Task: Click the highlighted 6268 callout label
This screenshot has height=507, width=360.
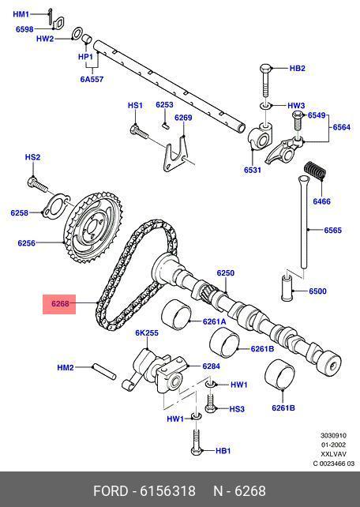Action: click(59, 304)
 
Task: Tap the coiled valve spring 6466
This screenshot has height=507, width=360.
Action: click(315, 171)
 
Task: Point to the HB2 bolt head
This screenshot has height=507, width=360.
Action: click(266, 69)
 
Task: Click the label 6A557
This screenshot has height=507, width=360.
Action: click(92, 79)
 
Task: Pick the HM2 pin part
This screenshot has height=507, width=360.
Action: click(104, 371)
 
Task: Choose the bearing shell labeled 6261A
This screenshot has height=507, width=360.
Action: click(176, 315)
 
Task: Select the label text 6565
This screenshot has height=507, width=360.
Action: click(333, 231)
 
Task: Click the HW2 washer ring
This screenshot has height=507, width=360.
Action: click(77, 34)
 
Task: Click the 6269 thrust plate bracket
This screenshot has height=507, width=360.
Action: click(176, 154)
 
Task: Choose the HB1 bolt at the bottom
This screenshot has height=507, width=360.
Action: click(197, 442)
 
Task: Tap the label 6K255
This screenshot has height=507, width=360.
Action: click(147, 332)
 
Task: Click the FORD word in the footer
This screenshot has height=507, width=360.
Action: click(111, 491)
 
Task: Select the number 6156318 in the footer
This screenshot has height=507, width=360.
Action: click(167, 491)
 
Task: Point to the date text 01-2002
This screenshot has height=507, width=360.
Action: click(333, 445)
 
